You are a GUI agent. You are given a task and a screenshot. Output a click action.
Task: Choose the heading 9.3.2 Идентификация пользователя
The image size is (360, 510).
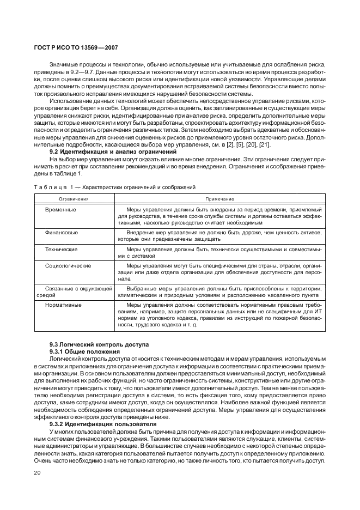pyautogui.click(x=102, y=424)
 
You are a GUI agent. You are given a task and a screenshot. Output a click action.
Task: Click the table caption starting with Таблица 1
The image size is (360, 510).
pyautogui.click(x=114, y=187)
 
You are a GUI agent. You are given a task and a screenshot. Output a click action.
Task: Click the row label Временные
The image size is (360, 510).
pyautogui.click(x=60, y=209)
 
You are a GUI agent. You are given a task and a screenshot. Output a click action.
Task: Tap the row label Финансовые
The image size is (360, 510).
pyautogui.click(x=62, y=232)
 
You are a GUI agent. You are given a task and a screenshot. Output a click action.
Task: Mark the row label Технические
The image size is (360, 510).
pyautogui.click(x=61, y=248)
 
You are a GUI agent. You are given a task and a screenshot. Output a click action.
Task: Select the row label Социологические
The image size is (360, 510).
pyautogui.click(x=68, y=265)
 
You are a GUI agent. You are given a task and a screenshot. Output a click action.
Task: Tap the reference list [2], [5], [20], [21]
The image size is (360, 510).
pyautogui.click(x=249, y=144)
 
